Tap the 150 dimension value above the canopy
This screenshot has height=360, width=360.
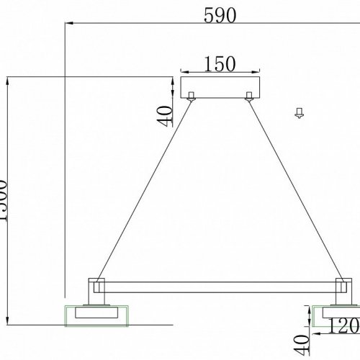(219, 64)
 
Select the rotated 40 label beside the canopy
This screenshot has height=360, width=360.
(166, 114)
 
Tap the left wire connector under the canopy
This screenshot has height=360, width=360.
(192, 96)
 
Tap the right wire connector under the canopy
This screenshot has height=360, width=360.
(248, 96)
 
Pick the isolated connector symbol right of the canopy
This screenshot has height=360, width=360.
(298, 112)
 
